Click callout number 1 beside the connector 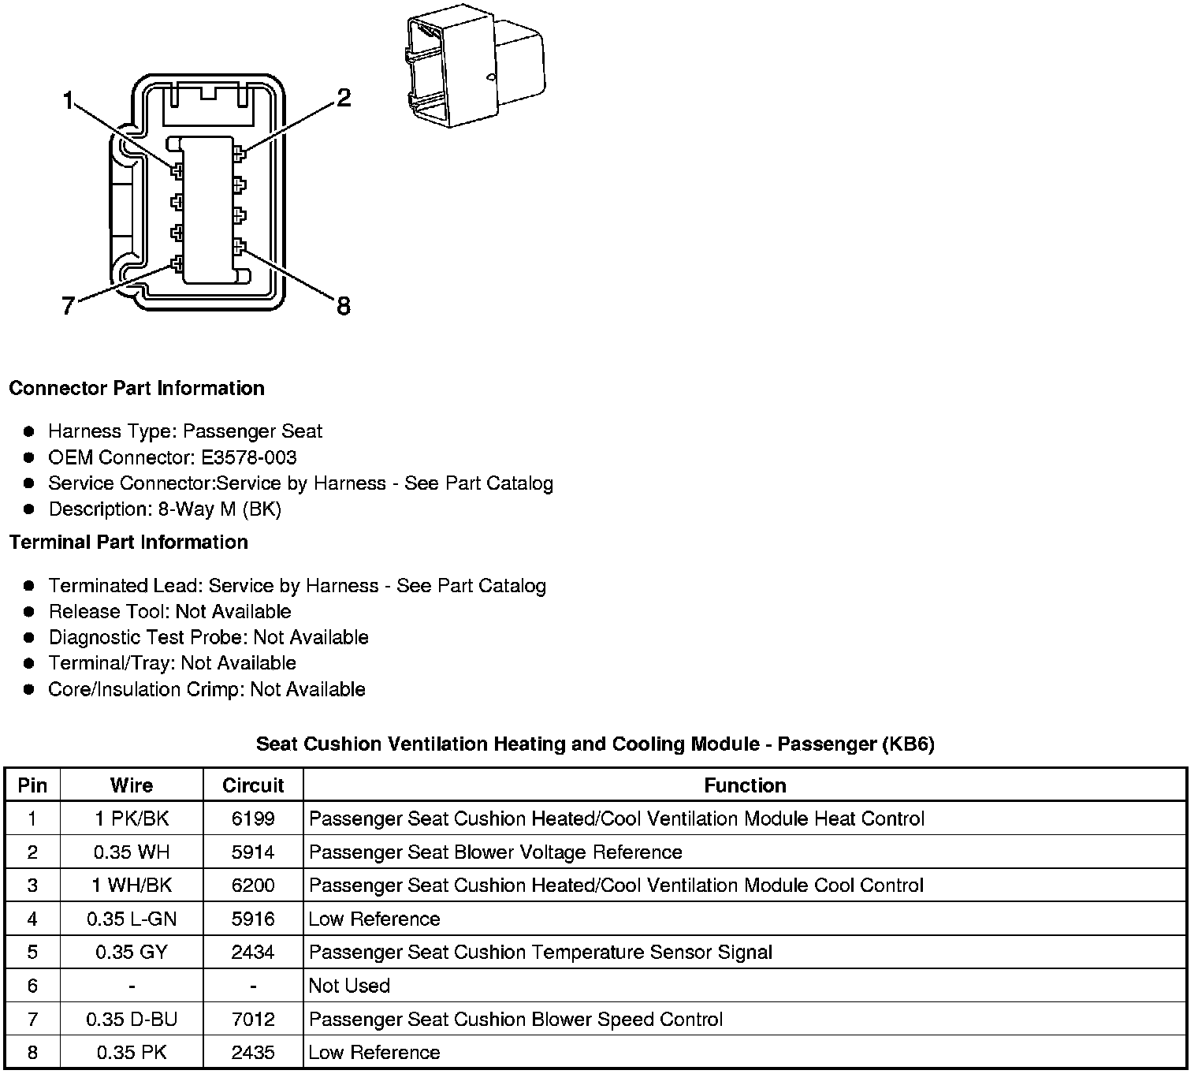point(68,101)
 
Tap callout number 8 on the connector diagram point(343,306)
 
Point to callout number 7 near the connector point(68,306)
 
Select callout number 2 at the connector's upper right point(343,98)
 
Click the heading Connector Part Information point(136,388)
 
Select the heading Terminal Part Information point(128,542)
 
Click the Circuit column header point(253,785)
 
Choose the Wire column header point(132,785)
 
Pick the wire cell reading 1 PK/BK point(132,819)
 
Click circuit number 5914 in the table point(253,852)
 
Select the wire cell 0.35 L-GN point(132,919)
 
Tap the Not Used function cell point(349,986)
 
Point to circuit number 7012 point(253,1019)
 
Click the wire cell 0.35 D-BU point(132,1019)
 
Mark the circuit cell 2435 point(253,1052)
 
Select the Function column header point(745,785)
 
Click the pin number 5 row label point(32,952)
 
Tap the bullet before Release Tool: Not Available point(29,611)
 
